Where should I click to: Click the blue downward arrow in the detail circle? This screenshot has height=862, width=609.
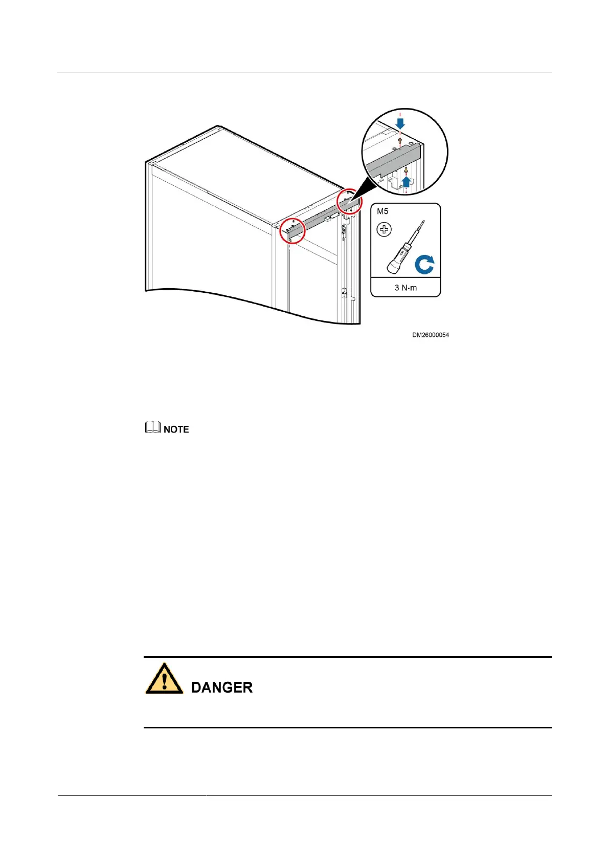pyautogui.click(x=400, y=123)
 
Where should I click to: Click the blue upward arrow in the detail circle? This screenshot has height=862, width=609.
pyautogui.click(x=407, y=181)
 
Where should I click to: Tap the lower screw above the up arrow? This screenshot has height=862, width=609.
pyautogui.click(x=406, y=170)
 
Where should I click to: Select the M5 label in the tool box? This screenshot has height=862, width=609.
pyautogui.click(x=382, y=211)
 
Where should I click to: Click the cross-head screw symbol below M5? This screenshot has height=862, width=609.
pyautogui.click(x=384, y=230)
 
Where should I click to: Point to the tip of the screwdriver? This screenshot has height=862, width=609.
pyautogui.click(x=422, y=222)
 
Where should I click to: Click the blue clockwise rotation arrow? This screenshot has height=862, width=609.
pyautogui.click(x=424, y=265)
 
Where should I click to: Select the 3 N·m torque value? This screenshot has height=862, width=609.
pyautogui.click(x=405, y=288)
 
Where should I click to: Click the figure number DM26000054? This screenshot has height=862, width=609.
pyautogui.click(x=431, y=335)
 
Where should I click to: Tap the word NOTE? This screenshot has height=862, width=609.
pyautogui.click(x=176, y=429)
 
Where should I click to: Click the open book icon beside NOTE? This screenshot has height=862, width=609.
pyautogui.click(x=152, y=427)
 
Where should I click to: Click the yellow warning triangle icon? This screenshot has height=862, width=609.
pyautogui.click(x=164, y=679)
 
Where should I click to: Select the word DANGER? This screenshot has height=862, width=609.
pyautogui.click(x=221, y=687)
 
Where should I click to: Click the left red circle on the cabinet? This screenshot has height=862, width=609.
pyautogui.click(x=292, y=231)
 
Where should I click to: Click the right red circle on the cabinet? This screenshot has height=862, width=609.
pyautogui.click(x=350, y=201)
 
